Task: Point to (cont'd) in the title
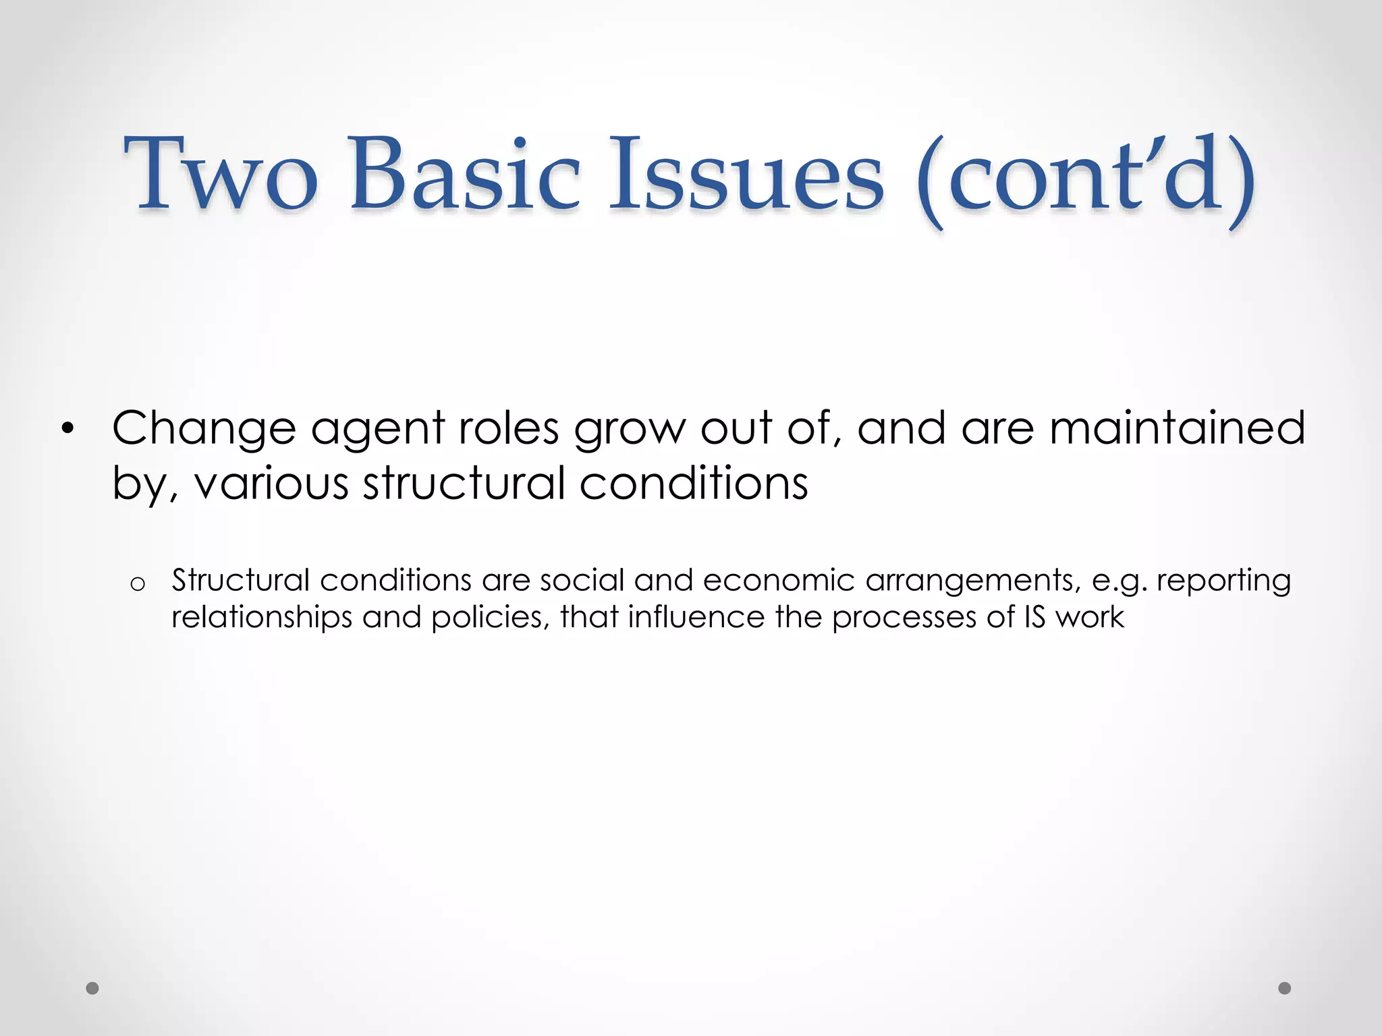click(x=1085, y=177)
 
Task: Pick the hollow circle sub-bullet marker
click(x=137, y=584)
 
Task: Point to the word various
click(x=271, y=484)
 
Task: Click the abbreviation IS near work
click(x=1034, y=616)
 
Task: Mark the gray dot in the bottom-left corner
click(x=92, y=988)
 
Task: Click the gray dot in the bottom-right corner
click(x=1285, y=988)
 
